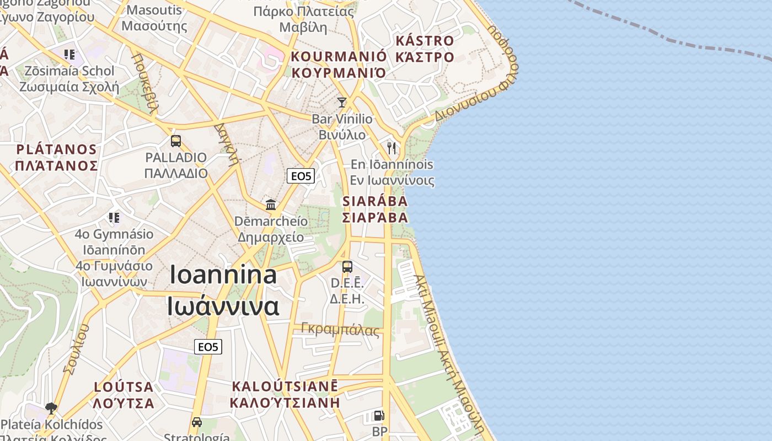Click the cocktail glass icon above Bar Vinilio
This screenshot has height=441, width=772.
[x=342, y=103]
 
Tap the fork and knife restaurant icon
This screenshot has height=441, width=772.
[x=392, y=148]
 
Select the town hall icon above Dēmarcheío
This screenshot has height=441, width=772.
[x=271, y=205]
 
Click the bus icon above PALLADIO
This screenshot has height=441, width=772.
[x=176, y=141]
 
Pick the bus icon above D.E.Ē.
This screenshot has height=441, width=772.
[x=347, y=267]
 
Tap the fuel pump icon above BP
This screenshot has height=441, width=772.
[x=379, y=416]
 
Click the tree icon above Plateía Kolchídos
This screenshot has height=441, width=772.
[x=51, y=408]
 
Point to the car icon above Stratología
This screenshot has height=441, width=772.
[x=197, y=422]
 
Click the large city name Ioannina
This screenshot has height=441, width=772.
[x=223, y=275]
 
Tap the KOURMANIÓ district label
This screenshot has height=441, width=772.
[x=339, y=56]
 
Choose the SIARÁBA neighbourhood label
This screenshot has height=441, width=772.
[x=375, y=201]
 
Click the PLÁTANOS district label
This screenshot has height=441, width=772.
[x=56, y=149]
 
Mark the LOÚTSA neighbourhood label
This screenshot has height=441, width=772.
[x=124, y=386]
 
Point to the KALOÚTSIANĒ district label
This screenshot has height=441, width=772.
[x=285, y=386]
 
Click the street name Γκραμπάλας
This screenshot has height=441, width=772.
[x=340, y=330]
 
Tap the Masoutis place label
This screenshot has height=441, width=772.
[x=154, y=10]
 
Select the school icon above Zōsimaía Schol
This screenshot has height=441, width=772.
[x=69, y=55]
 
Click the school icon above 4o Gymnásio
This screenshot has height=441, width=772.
[x=114, y=218]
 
